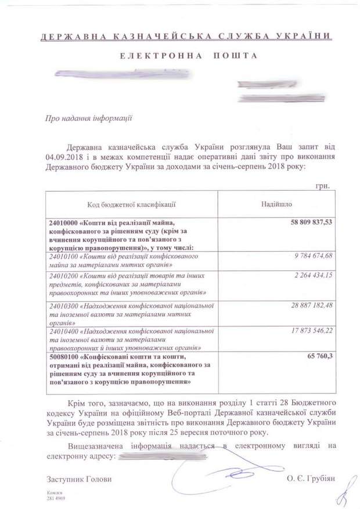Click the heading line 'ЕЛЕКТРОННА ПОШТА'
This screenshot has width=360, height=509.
[181, 56]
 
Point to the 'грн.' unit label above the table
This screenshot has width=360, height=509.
[323, 187]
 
